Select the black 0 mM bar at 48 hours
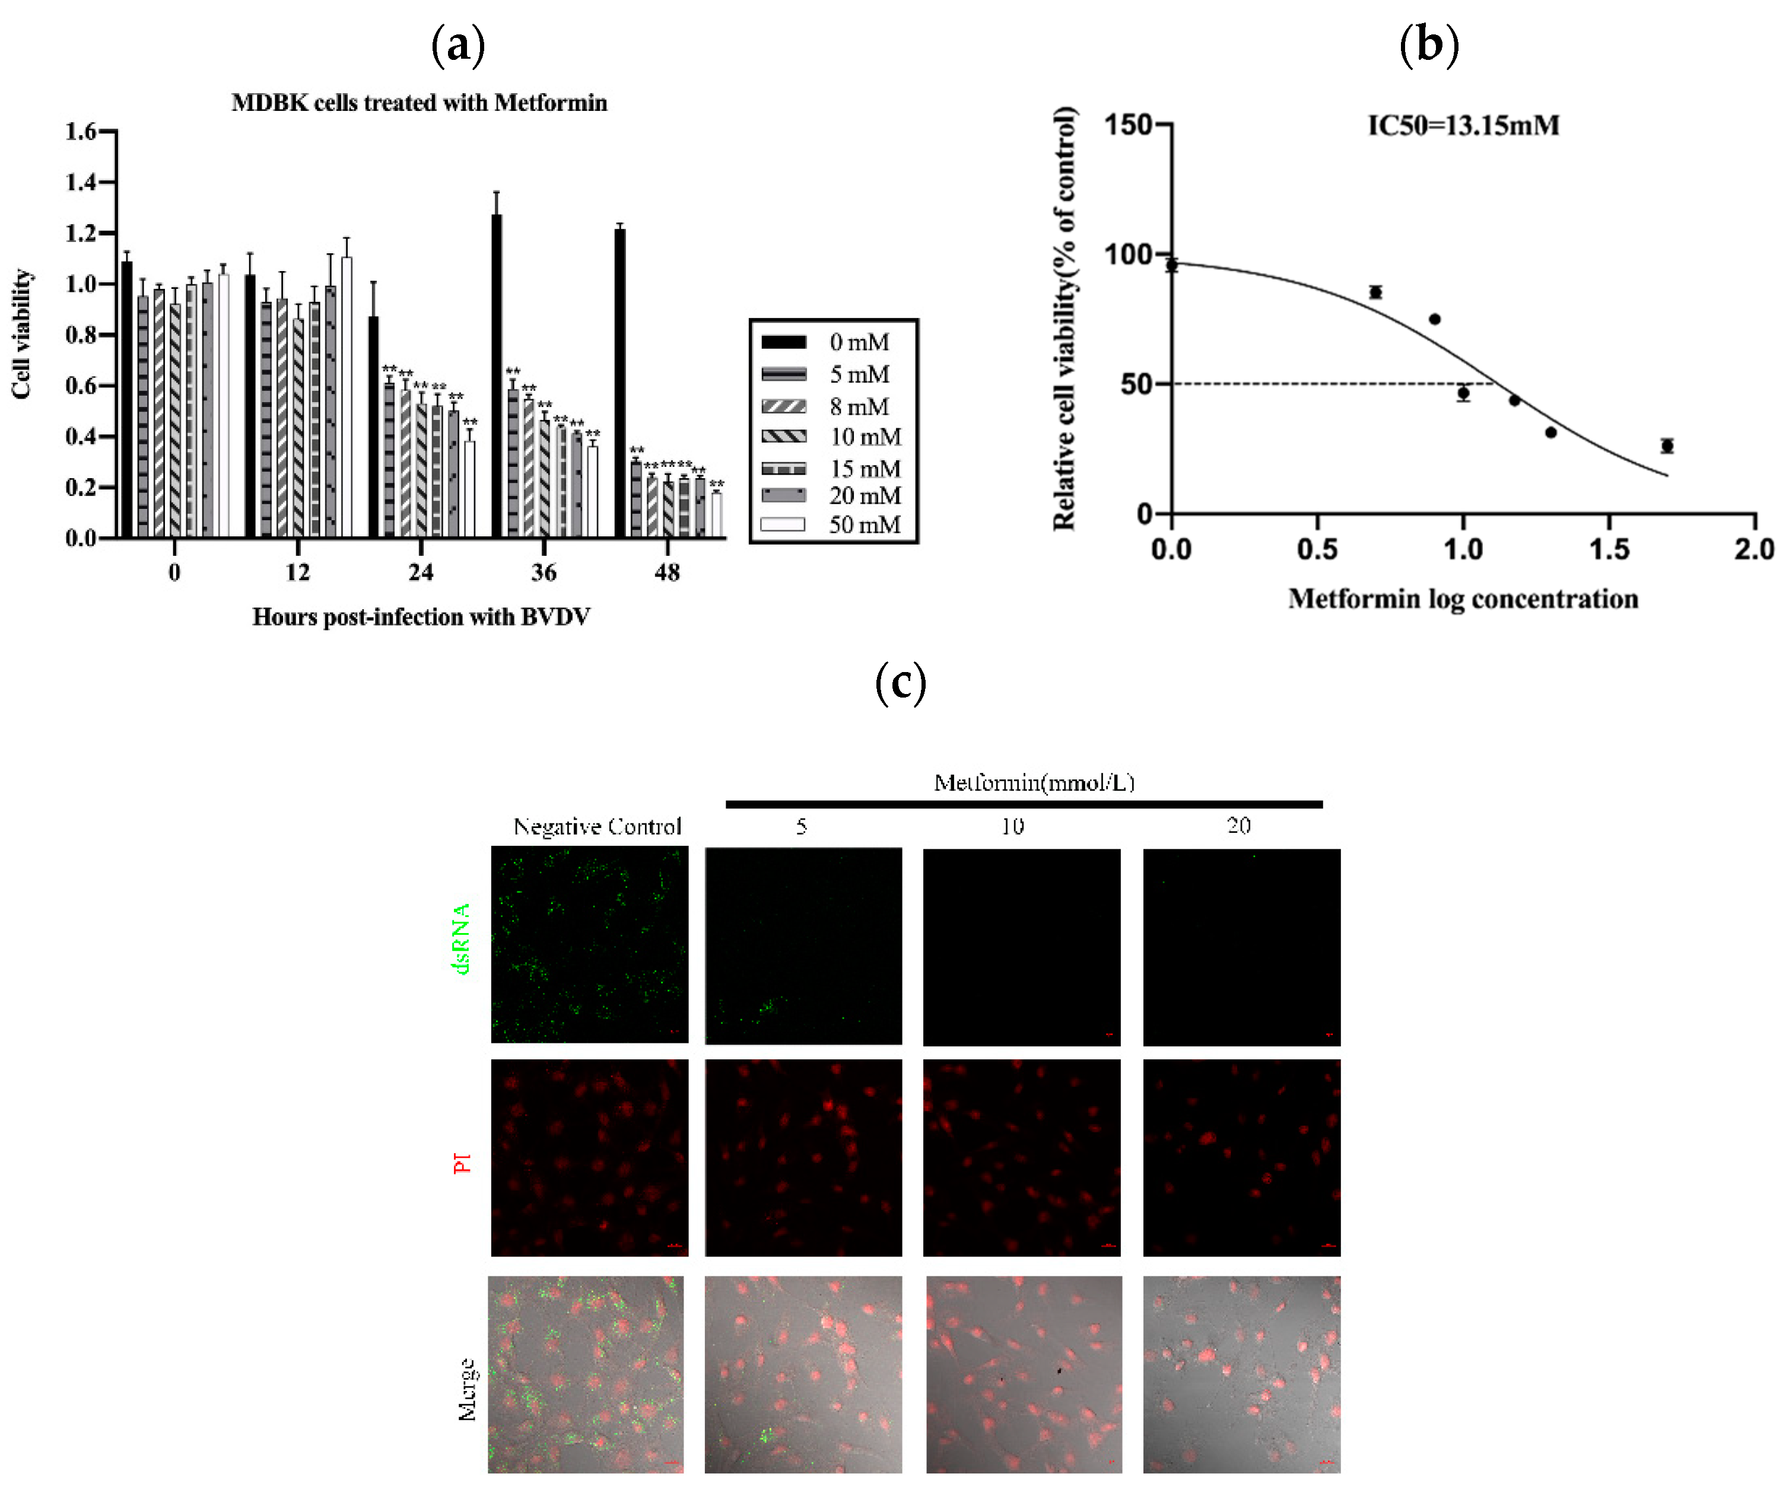(x=620, y=383)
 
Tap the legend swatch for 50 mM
(x=782, y=524)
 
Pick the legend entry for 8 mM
(x=859, y=406)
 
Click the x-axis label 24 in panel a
(x=421, y=572)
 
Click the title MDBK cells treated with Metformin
(x=419, y=103)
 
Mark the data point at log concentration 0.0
(x=1171, y=265)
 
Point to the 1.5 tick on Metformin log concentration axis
(x=1609, y=549)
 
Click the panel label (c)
(x=901, y=683)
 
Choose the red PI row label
(x=462, y=1163)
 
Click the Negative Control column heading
(x=596, y=826)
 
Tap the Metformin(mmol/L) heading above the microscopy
(x=1034, y=782)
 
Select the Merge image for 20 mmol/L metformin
(x=1241, y=1374)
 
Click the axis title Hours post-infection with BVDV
(x=421, y=617)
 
